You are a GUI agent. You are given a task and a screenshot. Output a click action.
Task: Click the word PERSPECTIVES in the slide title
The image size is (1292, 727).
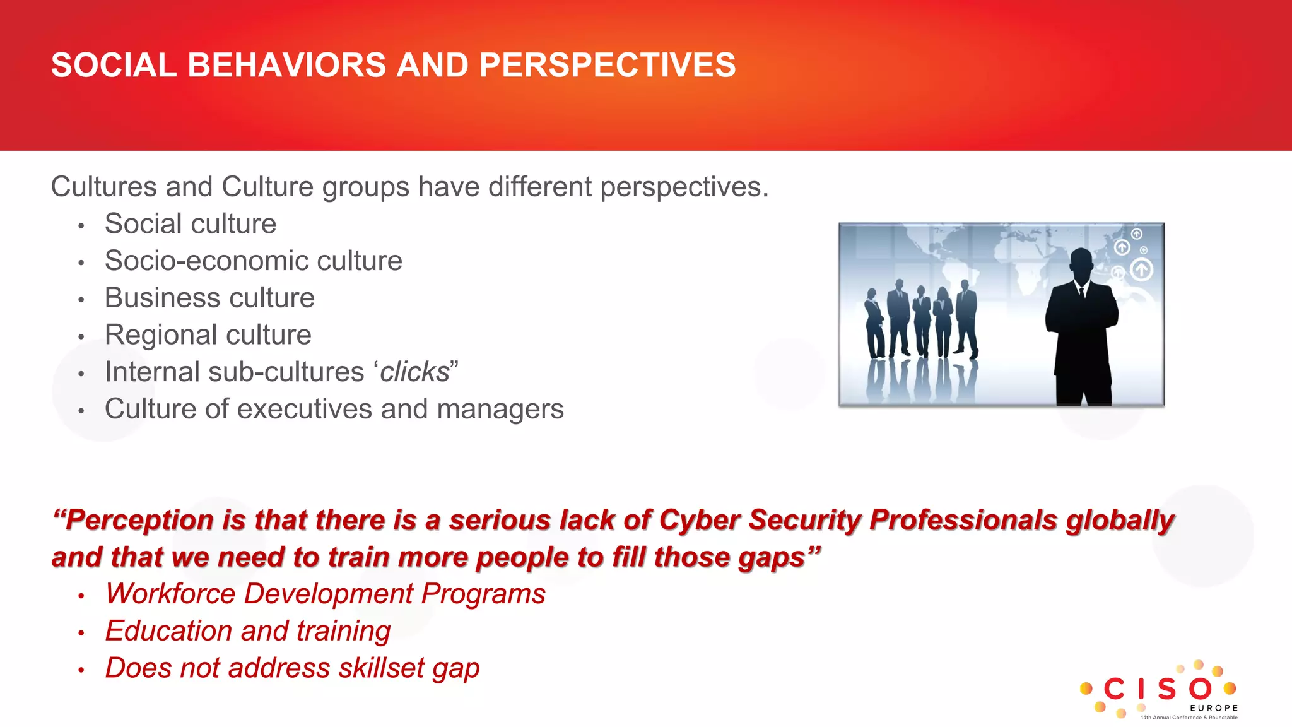pyautogui.click(x=607, y=65)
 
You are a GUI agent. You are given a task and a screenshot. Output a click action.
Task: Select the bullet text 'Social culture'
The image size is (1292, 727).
pyautogui.click(x=190, y=224)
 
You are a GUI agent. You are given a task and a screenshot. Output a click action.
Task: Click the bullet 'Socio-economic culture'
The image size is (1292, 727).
pyautogui.click(x=253, y=261)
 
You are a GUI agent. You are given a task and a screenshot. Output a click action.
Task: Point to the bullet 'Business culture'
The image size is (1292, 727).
pyautogui.click(x=209, y=298)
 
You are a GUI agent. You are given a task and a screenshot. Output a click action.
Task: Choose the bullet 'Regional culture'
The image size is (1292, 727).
pyautogui.click(x=208, y=335)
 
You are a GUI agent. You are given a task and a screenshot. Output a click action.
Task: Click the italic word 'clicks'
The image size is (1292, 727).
pyautogui.click(x=414, y=372)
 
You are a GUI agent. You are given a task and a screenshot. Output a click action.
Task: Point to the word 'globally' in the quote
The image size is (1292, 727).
pyautogui.click(x=1120, y=521)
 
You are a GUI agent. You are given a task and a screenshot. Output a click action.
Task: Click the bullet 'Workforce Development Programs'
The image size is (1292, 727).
pyautogui.click(x=325, y=594)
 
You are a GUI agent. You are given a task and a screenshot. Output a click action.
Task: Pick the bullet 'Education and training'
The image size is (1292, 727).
pyautogui.click(x=247, y=631)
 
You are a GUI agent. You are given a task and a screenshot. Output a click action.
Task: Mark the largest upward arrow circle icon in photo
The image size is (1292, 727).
pyautogui.click(x=1141, y=270)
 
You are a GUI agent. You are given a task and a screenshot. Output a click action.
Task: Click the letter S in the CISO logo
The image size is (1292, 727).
pyautogui.click(x=1166, y=689)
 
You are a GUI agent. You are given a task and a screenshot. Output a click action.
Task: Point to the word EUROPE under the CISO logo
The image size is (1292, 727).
pyautogui.click(x=1214, y=708)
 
